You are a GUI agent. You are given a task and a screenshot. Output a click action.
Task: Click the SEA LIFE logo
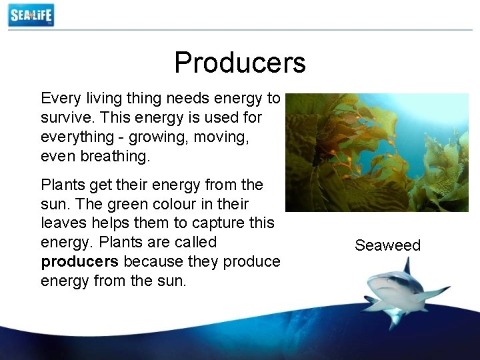[31, 15]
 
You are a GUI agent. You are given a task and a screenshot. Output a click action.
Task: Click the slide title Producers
[239, 63]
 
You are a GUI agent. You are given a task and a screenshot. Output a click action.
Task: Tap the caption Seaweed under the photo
[387, 245]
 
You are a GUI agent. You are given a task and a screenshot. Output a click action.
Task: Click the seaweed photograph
[377, 152]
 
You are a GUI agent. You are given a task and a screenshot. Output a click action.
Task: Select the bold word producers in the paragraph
[79, 261]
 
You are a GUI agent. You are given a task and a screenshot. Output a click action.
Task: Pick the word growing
[151, 136]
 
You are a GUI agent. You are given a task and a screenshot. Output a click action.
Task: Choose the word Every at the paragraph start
[61, 99]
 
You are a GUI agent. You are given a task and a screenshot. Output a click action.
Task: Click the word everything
[77, 136]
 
